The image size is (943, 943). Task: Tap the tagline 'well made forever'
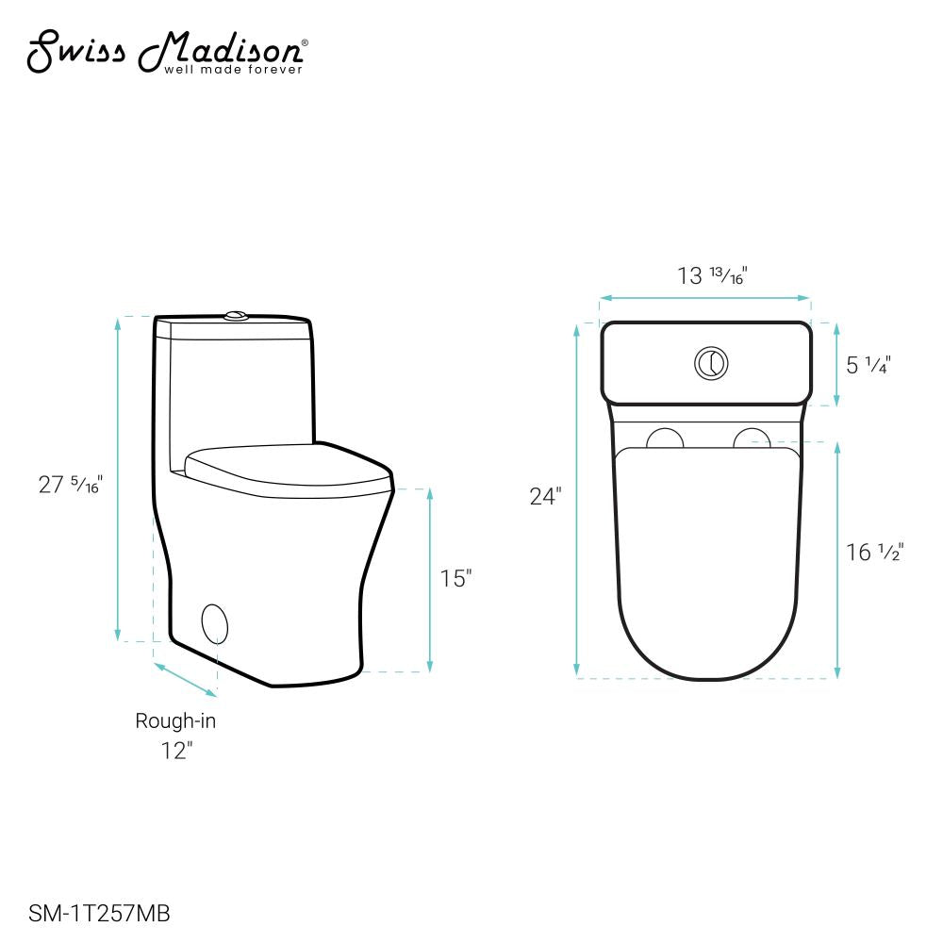pos(234,69)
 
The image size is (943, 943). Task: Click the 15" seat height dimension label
pos(455,578)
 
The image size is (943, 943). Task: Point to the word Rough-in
pos(175,721)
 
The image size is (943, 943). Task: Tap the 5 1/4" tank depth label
pos(869,364)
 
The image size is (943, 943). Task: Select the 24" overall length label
pos(545,497)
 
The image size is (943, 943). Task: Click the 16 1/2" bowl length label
pos(874,553)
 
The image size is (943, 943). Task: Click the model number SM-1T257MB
pos(100,913)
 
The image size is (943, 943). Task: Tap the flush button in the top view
pos(711,363)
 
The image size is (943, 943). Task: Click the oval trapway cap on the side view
pos(216,623)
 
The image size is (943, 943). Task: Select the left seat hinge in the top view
pos(666,438)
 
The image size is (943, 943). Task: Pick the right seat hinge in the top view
pos(753,438)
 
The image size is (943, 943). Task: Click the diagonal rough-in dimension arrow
pos(185,679)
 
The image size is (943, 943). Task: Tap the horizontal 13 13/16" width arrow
pos(705,298)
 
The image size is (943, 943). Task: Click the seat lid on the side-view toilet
pos(288,467)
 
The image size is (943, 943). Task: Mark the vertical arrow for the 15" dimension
pos(430,580)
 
